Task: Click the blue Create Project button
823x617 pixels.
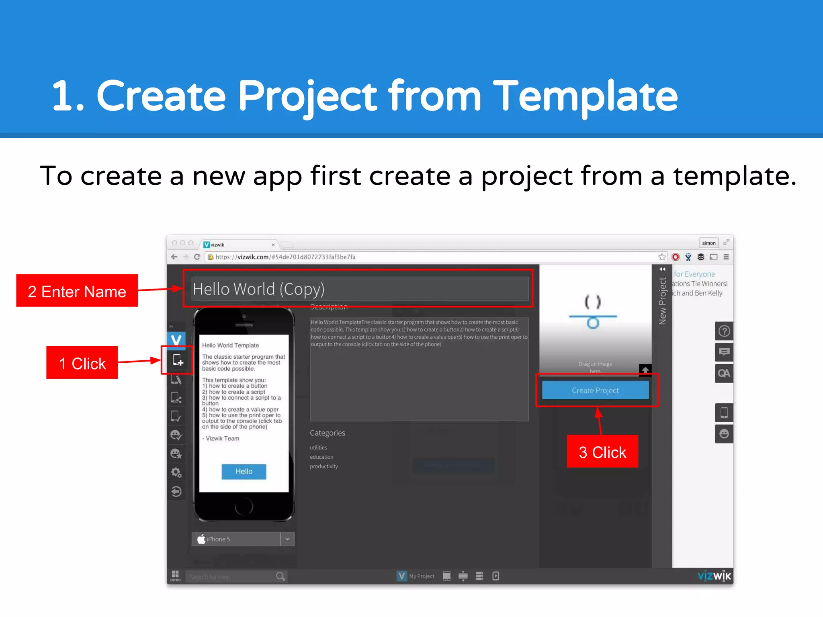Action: point(595,390)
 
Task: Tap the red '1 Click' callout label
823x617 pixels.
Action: point(82,363)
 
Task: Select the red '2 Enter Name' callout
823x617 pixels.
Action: point(77,291)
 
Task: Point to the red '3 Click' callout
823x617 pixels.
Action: point(602,452)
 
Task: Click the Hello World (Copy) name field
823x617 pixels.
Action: point(359,289)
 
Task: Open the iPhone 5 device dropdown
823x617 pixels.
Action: point(287,539)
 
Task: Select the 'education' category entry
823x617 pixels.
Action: point(321,457)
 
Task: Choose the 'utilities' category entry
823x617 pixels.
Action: point(318,447)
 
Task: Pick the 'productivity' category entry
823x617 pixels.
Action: point(324,466)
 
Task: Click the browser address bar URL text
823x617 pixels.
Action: point(285,257)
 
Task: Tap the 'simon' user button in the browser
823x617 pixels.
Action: point(708,243)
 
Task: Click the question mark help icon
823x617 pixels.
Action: point(724,331)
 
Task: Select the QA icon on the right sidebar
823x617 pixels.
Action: point(724,374)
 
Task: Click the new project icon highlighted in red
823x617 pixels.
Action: point(178,360)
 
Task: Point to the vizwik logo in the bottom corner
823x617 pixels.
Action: point(714,576)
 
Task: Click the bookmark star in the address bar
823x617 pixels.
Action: point(662,257)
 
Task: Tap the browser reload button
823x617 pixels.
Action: point(197,257)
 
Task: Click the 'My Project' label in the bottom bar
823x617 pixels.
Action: point(422,576)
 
